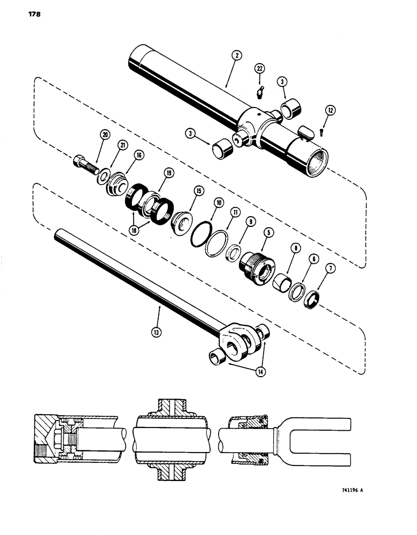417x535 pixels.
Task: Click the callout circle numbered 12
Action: (x=331, y=110)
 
